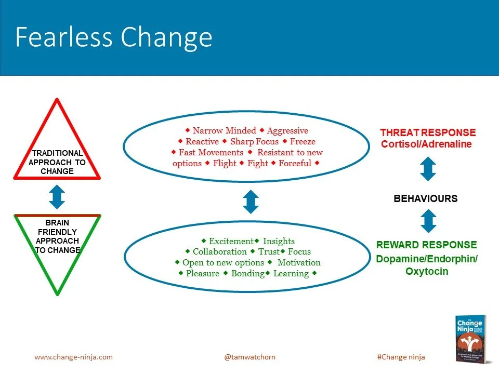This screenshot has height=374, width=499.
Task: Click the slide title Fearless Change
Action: click(114, 37)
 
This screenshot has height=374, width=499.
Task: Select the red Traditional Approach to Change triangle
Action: click(57, 156)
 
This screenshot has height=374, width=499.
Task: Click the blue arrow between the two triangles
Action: click(57, 197)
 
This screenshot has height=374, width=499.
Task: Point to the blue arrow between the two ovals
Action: click(251, 202)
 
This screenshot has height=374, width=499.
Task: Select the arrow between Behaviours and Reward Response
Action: click(427, 221)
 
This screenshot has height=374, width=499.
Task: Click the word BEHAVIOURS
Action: click(426, 198)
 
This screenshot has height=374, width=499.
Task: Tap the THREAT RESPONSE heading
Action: click(428, 132)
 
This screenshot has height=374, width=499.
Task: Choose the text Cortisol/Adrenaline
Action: click(426, 144)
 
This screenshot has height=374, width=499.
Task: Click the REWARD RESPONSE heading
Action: click(426, 245)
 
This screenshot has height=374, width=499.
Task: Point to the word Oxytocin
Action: click(427, 271)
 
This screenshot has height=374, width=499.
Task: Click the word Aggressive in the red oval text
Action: click(287, 131)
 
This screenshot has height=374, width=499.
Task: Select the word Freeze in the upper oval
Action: click(303, 141)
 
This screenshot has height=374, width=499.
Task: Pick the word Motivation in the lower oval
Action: click(299, 262)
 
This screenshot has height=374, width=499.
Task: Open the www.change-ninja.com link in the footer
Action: click(73, 357)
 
